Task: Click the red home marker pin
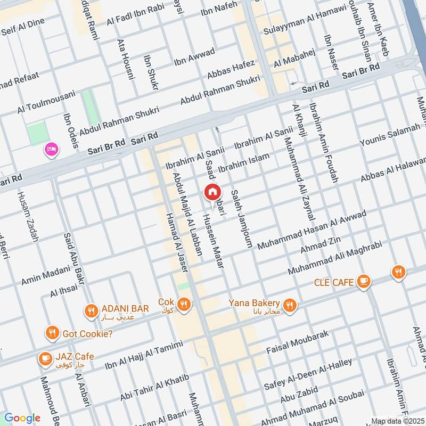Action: point(212,192)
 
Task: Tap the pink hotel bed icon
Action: point(52,149)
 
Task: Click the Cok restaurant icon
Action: point(184,304)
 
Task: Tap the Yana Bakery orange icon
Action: point(290,305)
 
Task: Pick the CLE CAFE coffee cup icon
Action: point(364,281)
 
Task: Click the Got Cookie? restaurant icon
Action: point(52,333)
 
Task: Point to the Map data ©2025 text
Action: point(397,421)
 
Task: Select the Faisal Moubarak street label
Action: point(298,342)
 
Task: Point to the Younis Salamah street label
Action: point(390,136)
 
